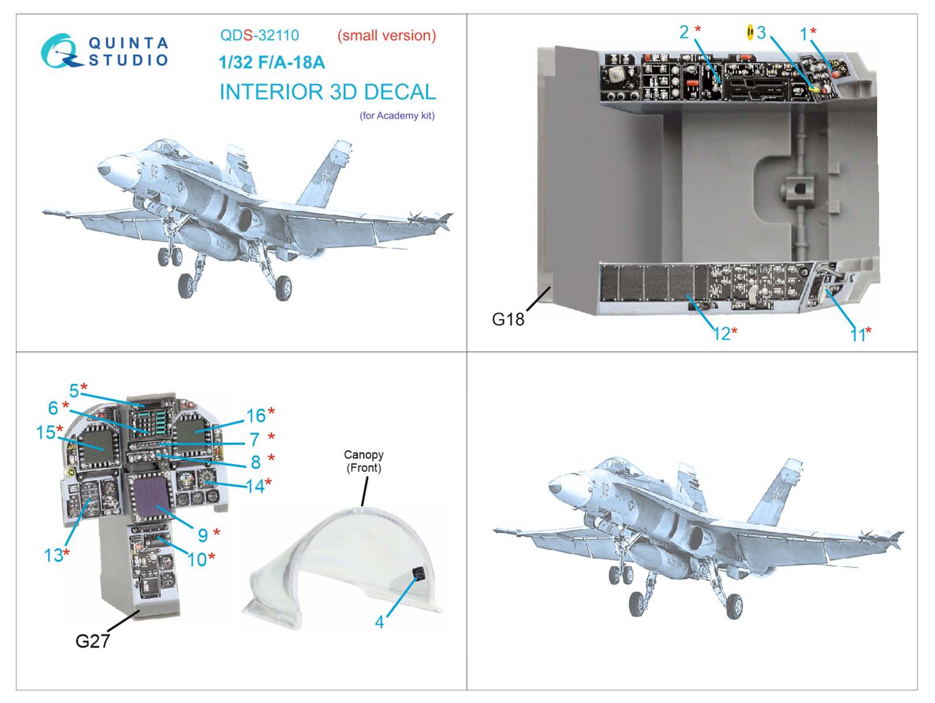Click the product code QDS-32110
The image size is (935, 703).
click(259, 35)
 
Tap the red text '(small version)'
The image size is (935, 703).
click(387, 35)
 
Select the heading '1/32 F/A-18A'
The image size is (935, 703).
click(272, 62)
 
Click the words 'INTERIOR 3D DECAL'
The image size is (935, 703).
click(328, 92)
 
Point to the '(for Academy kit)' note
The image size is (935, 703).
click(397, 115)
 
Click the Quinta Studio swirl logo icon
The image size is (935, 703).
click(60, 51)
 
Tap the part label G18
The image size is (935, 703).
click(508, 319)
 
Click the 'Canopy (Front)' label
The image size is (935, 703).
click(363, 461)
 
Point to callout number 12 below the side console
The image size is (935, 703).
click(722, 334)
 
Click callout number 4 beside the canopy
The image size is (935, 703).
click(379, 622)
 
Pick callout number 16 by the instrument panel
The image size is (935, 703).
click(255, 415)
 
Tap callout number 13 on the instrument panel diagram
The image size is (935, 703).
click(53, 555)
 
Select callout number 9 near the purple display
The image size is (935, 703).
click(203, 535)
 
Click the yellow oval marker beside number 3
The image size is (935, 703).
click(750, 32)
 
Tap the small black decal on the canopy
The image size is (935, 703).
click(418, 573)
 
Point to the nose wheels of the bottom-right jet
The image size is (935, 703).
click(620, 575)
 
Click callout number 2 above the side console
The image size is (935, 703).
click(684, 32)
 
